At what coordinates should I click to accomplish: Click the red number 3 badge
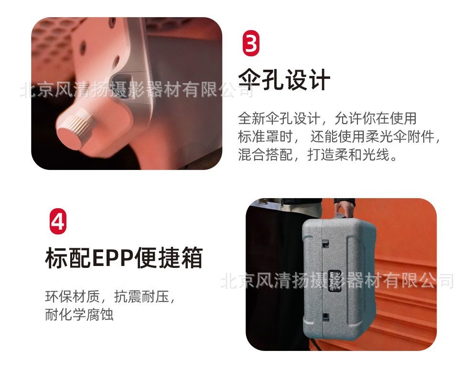251,43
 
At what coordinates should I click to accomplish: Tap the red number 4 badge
58,221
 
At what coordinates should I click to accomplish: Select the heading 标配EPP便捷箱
124,258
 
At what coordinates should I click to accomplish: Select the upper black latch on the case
325,244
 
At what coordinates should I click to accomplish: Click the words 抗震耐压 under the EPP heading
141,297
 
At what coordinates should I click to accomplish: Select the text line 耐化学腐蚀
79,315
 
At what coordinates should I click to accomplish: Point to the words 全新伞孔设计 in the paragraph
279,118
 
